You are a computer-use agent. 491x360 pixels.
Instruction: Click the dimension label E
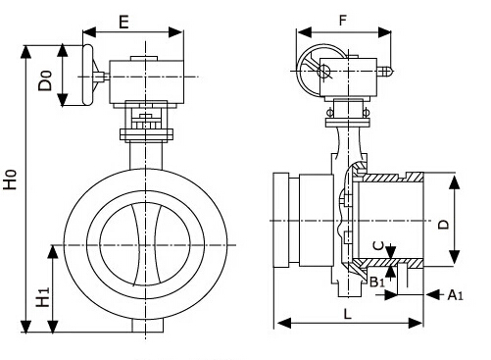tap(123, 23)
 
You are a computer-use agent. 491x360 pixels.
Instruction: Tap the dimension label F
tap(342, 21)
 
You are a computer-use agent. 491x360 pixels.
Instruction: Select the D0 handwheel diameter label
tap(45, 80)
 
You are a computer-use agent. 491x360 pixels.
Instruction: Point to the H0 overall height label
tap(10, 180)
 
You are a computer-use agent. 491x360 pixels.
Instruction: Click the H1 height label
tap(43, 297)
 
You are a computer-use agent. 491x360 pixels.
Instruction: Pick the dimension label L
tap(347, 314)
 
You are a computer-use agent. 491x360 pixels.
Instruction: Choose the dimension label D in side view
tap(443, 225)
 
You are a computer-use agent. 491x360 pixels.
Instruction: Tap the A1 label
tap(455, 295)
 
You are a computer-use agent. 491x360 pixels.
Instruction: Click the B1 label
tap(377, 282)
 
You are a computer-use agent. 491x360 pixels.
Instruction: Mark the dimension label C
tap(378, 245)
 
